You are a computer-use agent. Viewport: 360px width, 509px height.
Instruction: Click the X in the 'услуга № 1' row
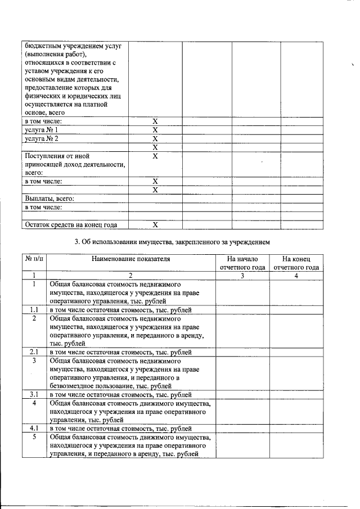155,130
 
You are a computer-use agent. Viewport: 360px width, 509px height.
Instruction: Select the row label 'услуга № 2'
42,138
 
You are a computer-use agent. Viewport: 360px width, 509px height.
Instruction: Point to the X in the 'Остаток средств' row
155,225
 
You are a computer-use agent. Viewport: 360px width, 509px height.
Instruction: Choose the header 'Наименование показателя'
130,259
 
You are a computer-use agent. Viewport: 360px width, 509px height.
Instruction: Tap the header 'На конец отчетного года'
296,263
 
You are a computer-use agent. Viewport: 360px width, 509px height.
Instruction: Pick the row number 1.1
34,310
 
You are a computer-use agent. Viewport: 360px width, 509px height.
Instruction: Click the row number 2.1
34,352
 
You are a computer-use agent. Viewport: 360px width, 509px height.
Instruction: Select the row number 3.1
34,394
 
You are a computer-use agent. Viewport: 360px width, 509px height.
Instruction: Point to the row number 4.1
34,428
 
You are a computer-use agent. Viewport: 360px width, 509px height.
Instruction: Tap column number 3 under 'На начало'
242,276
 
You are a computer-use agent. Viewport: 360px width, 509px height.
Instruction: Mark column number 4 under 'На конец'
296,276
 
